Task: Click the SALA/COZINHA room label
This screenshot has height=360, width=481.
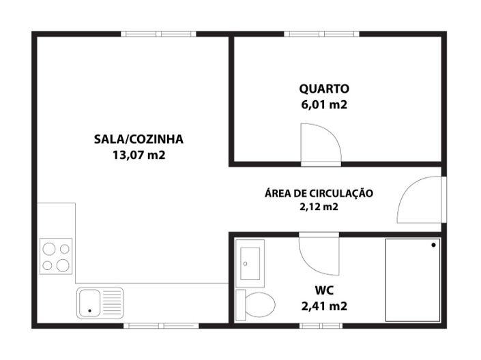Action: click(x=139, y=139)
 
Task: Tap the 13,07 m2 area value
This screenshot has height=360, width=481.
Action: click(x=139, y=155)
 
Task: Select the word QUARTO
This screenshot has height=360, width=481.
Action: click(x=324, y=89)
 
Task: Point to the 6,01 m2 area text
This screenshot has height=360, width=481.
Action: click(x=324, y=105)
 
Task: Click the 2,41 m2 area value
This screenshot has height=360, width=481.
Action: click(x=324, y=307)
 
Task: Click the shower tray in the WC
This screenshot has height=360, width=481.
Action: click(x=413, y=280)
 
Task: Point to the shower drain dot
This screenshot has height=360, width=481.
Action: click(x=433, y=245)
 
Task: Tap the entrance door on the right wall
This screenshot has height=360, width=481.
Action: click(x=420, y=200)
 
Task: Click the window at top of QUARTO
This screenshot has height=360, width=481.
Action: click(x=322, y=33)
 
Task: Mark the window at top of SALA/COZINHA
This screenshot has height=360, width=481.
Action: click(x=159, y=33)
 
